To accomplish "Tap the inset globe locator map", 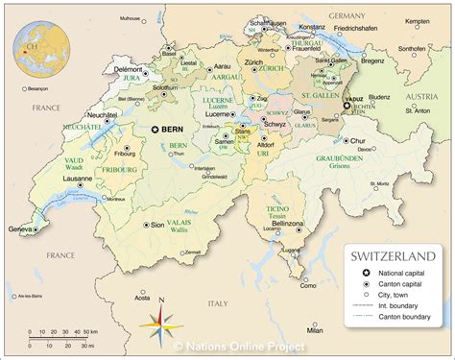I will (40, 46).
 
